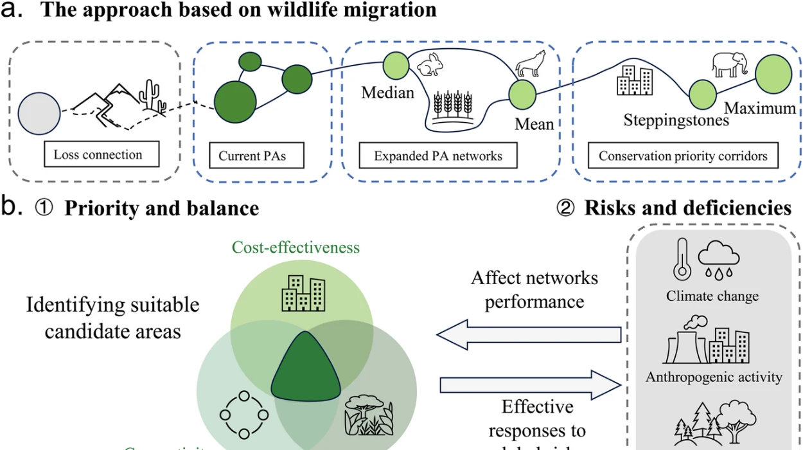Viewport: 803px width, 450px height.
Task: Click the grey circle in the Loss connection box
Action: point(39,111)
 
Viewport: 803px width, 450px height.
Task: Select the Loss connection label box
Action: point(98,155)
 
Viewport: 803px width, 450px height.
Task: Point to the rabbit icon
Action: point(428,66)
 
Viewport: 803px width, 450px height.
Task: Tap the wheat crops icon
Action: point(453,105)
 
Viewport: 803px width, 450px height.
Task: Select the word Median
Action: point(387,93)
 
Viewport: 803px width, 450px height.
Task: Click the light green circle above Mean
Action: point(522,94)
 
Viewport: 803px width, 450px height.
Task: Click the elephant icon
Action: point(730,65)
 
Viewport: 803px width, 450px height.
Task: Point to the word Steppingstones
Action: point(676,120)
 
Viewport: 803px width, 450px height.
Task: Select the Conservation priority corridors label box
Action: point(683,155)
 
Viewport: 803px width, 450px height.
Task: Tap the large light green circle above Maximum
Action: point(773,73)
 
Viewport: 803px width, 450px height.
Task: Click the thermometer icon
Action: point(682,259)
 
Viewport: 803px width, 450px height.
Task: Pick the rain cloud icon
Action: point(719,260)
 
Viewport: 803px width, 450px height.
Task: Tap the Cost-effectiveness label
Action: point(296,248)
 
